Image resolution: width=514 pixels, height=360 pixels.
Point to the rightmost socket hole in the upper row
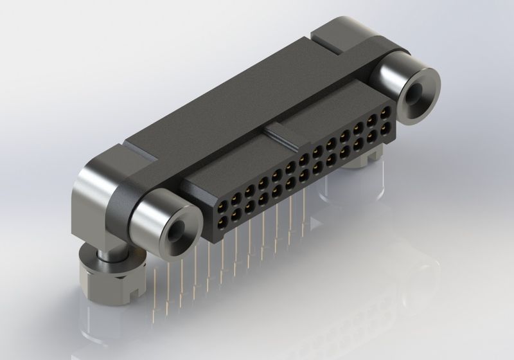point(384,114)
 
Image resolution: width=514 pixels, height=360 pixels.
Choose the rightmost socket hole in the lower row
point(384,130)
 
